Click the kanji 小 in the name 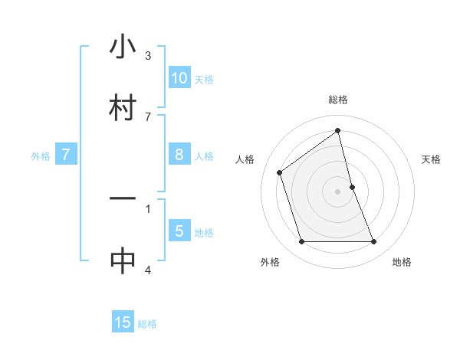pyautogui.click(x=123, y=47)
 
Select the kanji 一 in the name pyautogui.click(x=123, y=199)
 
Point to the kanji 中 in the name pyautogui.click(x=123, y=260)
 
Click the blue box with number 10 pyautogui.click(x=179, y=78)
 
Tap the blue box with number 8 pyautogui.click(x=179, y=155)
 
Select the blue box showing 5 pyautogui.click(x=179, y=231)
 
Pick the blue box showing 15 pyautogui.click(x=123, y=322)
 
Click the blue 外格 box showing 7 pyautogui.click(x=66, y=155)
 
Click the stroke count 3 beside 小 pyautogui.click(x=147, y=56)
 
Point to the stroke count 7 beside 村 pyautogui.click(x=147, y=116)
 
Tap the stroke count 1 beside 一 pyautogui.click(x=147, y=208)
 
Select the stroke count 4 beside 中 pyautogui.click(x=147, y=270)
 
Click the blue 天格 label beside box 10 pyautogui.click(x=204, y=80)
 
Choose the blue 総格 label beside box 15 pyautogui.click(x=147, y=324)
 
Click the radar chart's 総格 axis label pyautogui.click(x=338, y=100)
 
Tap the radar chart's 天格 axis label pyautogui.click(x=432, y=159)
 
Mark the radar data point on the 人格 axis pyautogui.click(x=280, y=172)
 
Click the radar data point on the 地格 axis pyautogui.click(x=374, y=242)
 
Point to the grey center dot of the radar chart pyautogui.click(x=338, y=191)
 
